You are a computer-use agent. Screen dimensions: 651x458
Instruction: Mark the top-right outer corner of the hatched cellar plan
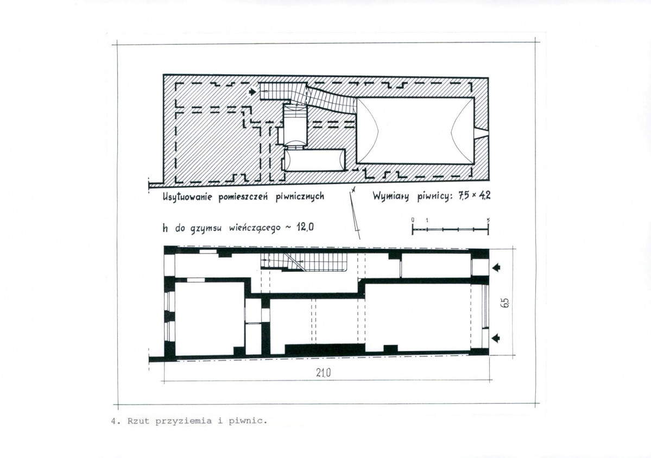[x=488, y=78]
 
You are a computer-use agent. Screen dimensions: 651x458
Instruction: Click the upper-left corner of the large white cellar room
[x=357, y=98]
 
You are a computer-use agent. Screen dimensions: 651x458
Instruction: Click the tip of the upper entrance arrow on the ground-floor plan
[x=492, y=267]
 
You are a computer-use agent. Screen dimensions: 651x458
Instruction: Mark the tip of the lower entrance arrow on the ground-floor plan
[x=492, y=338]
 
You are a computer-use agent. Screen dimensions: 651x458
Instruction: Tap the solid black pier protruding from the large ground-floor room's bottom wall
[x=390, y=349]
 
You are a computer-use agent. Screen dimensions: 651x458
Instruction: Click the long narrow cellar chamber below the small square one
[x=314, y=160]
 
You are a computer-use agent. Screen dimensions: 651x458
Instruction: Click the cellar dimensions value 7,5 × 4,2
[x=474, y=196]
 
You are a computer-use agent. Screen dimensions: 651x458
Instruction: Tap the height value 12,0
[x=305, y=227]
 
